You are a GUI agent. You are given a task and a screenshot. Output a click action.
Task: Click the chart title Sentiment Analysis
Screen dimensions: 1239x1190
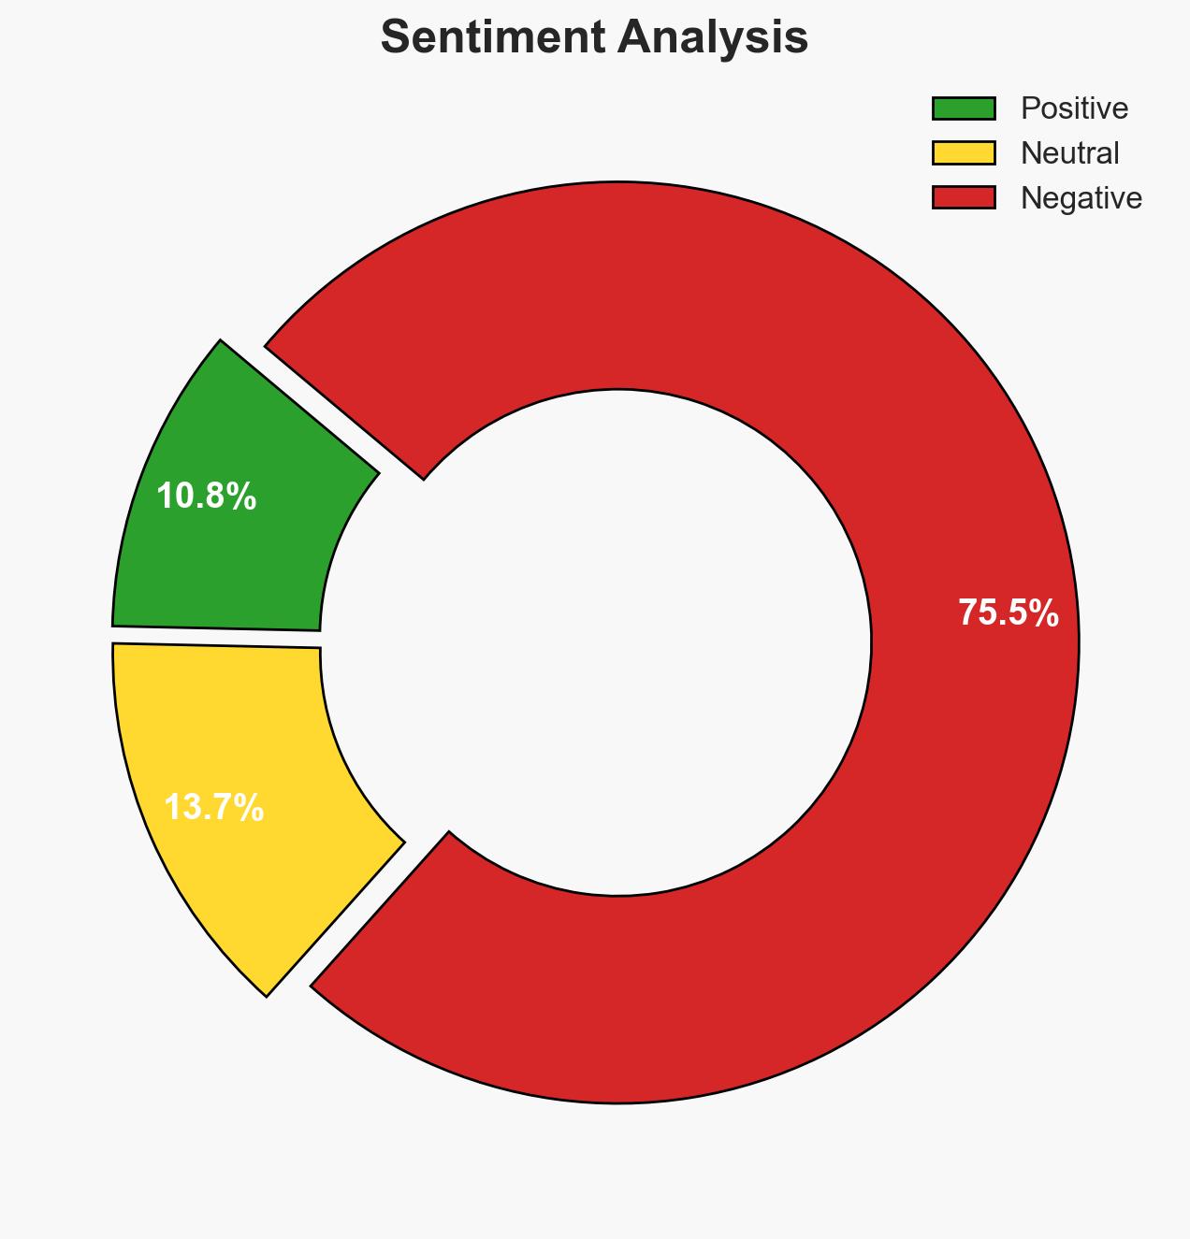pyautogui.click(x=594, y=38)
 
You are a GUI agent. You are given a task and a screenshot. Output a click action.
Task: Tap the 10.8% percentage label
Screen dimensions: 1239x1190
pyautogui.click(x=206, y=497)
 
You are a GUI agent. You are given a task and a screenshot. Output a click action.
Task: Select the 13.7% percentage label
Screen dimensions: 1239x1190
pyautogui.click(x=214, y=808)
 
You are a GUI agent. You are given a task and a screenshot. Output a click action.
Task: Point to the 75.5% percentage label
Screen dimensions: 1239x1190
pyautogui.click(x=1008, y=613)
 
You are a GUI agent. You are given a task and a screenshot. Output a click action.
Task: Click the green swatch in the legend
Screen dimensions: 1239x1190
pyautogui.click(x=963, y=108)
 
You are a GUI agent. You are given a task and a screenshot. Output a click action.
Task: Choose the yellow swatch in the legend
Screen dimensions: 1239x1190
pyautogui.click(x=963, y=152)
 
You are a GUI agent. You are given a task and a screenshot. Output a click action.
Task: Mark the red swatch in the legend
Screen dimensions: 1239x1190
pyautogui.click(x=963, y=197)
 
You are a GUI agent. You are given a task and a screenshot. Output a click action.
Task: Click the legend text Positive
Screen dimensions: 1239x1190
pyautogui.click(x=1074, y=108)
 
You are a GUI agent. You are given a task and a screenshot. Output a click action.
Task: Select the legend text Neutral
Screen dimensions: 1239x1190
pyautogui.click(x=1069, y=152)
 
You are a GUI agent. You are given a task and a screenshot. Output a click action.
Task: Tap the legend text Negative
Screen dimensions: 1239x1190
pyautogui.click(x=1081, y=197)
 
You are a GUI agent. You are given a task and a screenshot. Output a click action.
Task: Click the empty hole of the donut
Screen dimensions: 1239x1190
pyautogui.click(x=617, y=642)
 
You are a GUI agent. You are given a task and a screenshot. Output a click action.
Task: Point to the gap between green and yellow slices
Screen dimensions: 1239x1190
pyautogui.click(x=215, y=637)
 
